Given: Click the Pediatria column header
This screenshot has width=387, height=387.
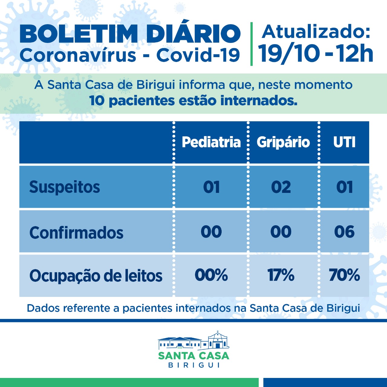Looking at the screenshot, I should [211, 142].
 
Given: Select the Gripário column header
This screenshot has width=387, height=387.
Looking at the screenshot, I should [283, 142].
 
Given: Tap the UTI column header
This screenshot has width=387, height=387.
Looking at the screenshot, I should [344, 142].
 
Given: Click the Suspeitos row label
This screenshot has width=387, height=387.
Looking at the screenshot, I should [64, 187].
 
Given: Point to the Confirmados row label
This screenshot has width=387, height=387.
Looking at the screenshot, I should [76, 233].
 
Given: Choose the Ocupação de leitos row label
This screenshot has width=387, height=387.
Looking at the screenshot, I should [96, 276].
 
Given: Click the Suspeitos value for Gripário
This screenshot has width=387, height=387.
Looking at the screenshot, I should [281, 187].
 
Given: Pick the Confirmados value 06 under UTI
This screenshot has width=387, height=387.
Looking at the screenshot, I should [344, 232].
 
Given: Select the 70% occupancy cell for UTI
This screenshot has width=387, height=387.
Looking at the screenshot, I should [344, 275].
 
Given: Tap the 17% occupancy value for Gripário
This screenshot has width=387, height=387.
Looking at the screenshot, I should [281, 275].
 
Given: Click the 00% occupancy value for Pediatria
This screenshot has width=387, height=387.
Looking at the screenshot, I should [211, 275].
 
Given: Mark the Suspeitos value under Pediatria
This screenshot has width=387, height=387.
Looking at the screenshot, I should [211, 187].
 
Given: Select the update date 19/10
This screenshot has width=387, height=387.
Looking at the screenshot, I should [289, 54].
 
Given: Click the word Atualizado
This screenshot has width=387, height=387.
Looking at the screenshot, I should [316, 31].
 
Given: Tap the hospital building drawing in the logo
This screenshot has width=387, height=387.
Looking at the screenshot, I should [193, 341].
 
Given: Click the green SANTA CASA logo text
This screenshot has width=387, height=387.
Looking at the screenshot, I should [193, 356].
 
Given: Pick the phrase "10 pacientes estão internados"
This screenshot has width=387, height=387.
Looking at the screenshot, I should [193, 101].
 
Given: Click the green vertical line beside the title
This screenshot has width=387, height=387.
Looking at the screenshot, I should [252, 44].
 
